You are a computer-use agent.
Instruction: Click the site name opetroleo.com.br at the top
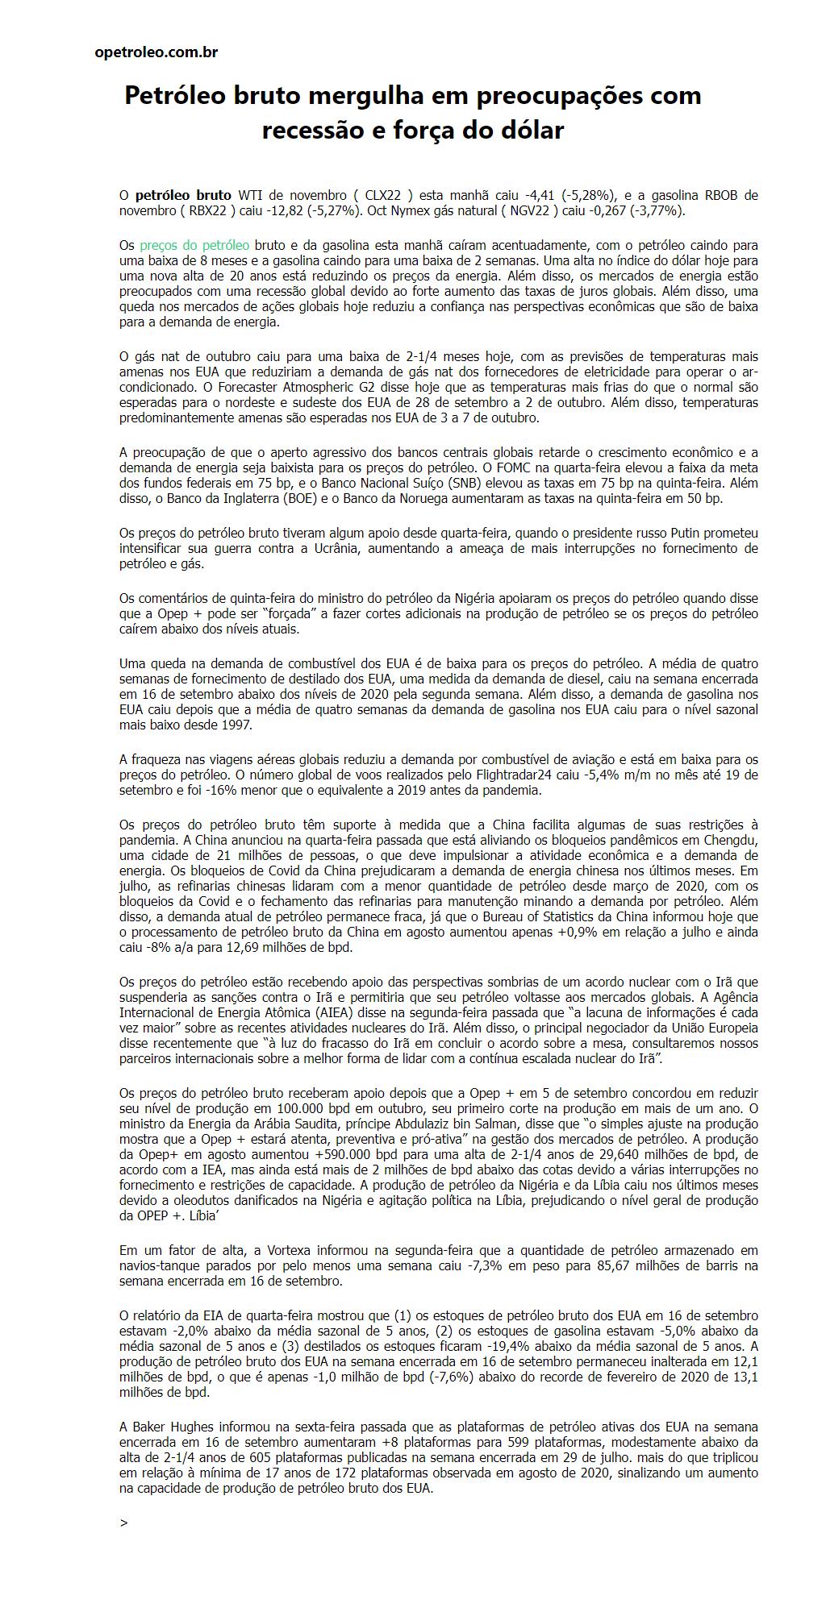tap(156, 52)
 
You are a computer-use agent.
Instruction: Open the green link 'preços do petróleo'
tap(194, 244)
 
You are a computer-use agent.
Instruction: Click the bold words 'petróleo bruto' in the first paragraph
tap(183, 195)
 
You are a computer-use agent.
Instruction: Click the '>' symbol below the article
tap(123, 1523)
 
